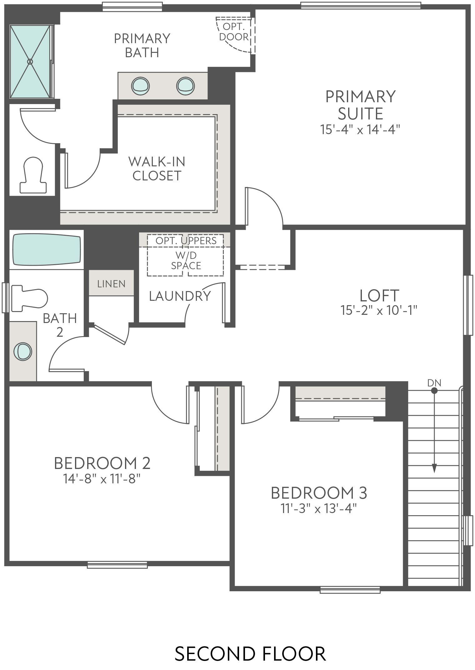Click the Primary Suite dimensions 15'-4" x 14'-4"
360,129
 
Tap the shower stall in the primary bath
30,62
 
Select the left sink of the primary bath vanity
140,86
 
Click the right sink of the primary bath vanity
185,86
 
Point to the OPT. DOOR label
234,32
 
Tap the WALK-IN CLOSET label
157,169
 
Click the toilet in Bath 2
30,298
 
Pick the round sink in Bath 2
22,352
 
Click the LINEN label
111,284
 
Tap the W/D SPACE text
186,261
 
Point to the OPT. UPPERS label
186,241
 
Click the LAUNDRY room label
180,296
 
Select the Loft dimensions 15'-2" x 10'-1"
379,310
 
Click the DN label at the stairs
434,383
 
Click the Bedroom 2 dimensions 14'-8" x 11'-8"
102,479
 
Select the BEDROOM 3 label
319,493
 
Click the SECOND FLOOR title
250,654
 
